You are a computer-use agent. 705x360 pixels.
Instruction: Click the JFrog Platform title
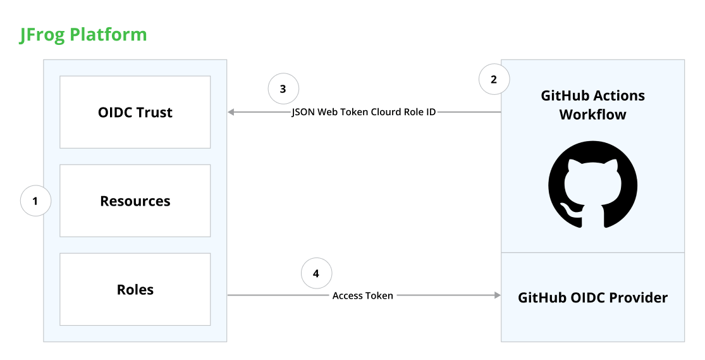[x=83, y=35]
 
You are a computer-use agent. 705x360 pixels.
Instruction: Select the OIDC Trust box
[x=135, y=112]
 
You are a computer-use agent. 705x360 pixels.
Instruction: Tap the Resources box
[x=135, y=201]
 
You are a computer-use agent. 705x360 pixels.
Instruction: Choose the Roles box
[x=135, y=289]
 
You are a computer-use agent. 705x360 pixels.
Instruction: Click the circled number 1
[x=35, y=201]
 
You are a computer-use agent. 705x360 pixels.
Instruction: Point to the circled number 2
[x=494, y=79]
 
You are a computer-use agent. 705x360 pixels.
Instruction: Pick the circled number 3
[x=283, y=89]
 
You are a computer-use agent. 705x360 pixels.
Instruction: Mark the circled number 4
[x=316, y=273]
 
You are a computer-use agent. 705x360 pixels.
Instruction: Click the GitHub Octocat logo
[x=592, y=185]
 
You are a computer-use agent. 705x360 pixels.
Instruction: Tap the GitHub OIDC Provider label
[x=592, y=297]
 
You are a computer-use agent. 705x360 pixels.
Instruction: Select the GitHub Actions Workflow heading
[x=592, y=105]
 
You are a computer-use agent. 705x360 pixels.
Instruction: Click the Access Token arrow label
[x=363, y=295]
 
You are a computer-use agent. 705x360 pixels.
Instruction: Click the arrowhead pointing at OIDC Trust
[x=231, y=112]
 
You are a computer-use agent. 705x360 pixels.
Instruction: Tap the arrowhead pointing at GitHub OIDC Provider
[x=497, y=295]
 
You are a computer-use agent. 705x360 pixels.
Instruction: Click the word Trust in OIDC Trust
[x=154, y=112]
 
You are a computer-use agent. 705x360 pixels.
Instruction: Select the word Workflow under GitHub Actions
[x=592, y=115]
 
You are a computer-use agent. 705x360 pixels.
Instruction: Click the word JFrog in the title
[x=42, y=35]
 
